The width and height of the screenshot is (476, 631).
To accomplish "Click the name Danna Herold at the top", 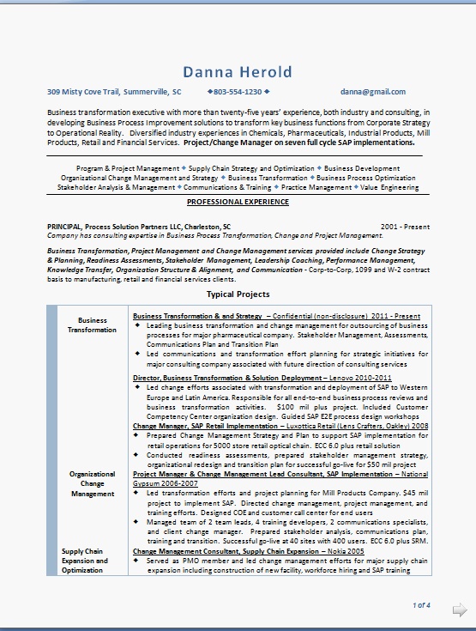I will (x=238, y=71).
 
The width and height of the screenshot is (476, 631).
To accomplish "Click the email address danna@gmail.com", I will (x=372, y=91).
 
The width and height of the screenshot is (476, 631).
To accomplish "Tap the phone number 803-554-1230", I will (x=238, y=91).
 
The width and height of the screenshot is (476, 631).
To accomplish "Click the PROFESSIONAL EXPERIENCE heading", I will (x=238, y=201).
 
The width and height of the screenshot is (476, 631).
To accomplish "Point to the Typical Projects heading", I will (x=238, y=294).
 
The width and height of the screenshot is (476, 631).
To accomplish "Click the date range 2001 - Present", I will (x=405, y=226).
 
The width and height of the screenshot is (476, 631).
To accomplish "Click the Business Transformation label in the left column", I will (x=93, y=325).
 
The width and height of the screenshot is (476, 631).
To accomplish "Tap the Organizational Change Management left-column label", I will (x=93, y=483).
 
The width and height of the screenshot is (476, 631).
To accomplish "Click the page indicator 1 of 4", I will (x=421, y=605).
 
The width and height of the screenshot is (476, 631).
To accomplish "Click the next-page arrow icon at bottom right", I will (x=459, y=610).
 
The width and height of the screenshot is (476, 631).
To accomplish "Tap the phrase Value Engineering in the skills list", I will (x=389, y=186).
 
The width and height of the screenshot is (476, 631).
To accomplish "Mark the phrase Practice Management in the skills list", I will (x=316, y=186).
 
